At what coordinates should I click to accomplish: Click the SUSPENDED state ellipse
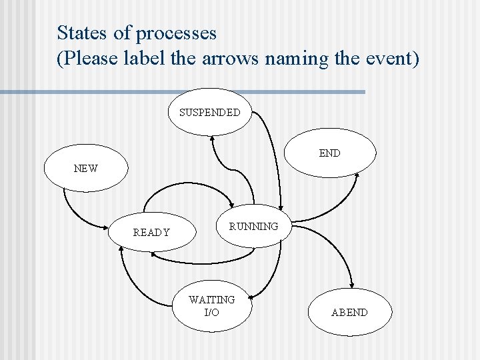coord(210,112)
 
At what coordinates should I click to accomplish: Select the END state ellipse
coord(329,154)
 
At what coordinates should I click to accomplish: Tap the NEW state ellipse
coord(85,168)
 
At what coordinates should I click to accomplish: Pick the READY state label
coord(151,233)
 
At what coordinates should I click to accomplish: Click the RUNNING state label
coord(253,227)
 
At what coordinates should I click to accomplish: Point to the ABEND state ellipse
coord(349,312)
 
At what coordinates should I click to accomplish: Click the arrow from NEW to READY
coord(77,212)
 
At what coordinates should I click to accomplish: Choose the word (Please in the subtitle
coord(87,59)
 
